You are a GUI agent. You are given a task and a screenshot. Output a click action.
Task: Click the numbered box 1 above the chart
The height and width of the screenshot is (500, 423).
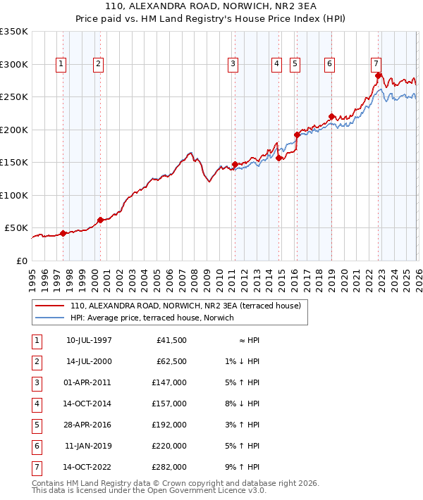pyautogui.click(x=61, y=64)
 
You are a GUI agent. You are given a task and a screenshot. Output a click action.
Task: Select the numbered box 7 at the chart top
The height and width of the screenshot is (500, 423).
pyautogui.click(x=376, y=64)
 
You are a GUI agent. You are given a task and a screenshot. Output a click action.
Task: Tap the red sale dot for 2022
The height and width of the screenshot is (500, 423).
pyautogui.click(x=379, y=75)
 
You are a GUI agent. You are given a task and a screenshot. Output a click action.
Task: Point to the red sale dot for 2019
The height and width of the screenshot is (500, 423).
pyautogui.click(x=331, y=116)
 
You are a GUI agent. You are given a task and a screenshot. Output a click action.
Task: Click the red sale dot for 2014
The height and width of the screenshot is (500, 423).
pyautogui.click(x=278, y=158)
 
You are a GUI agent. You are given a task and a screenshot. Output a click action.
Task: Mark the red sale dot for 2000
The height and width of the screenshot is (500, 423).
pyautogui.click(x=100, y=220)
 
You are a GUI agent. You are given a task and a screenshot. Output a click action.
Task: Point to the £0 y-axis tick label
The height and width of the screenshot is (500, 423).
pyautogui.click(x=22, y=261)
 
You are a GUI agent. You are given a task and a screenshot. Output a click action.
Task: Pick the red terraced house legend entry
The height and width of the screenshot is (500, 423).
pyautogui.click(x=185, y=306)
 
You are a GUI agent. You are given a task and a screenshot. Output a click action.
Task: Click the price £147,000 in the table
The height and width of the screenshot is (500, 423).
pyautogui.click(x=169, y=382)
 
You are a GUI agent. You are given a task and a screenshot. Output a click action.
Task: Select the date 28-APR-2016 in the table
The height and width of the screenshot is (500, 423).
pyautogui.click(x=89, y=425)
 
